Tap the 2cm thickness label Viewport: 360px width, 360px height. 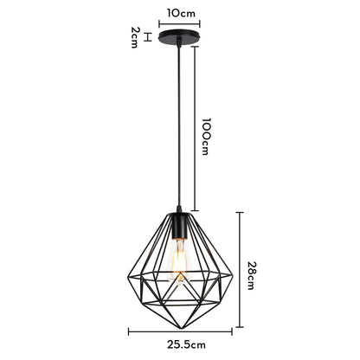click(135, 37)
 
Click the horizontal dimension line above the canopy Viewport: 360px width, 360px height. click(179, 24)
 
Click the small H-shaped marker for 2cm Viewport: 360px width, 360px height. click(148, 37)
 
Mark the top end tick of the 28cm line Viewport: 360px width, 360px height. click(240, 212)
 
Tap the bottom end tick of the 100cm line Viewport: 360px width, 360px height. click(194, 210)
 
